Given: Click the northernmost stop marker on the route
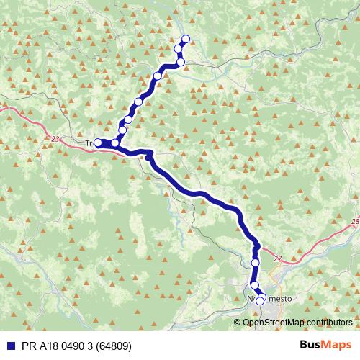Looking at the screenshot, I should [x=186, y=39].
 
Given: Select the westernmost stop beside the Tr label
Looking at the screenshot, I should [x=98, y=143].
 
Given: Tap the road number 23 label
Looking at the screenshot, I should [x=57, y=138].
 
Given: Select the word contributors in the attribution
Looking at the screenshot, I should [x=328, y=322].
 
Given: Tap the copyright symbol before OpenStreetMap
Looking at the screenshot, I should [x=238, y=322].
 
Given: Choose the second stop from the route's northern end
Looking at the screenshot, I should [x=179, y=49].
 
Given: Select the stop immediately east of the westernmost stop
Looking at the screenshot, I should [x=115, y=143].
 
